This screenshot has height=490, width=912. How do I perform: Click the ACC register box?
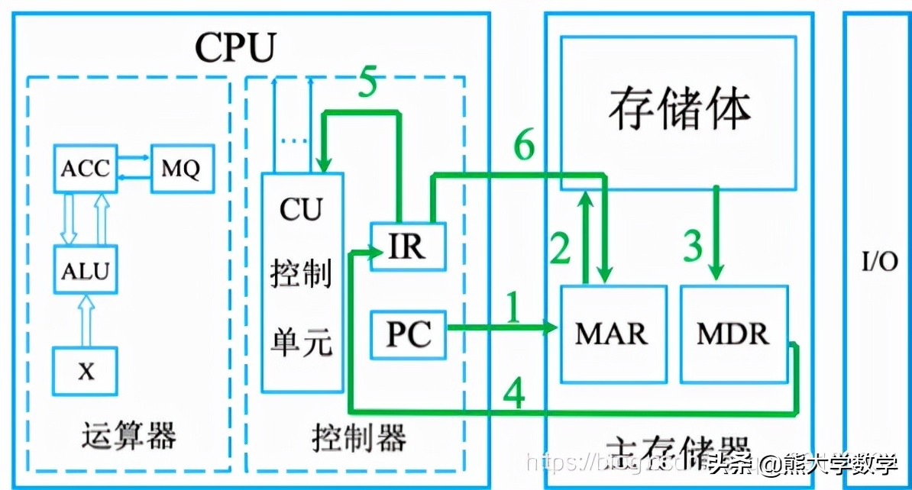85,168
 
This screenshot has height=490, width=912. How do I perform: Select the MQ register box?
181,168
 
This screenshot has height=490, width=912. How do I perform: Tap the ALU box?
85,269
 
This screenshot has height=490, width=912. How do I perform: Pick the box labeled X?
85,372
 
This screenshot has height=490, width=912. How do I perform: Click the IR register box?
408,247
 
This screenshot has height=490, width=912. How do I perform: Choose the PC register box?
408,334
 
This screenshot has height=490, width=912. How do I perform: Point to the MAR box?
613,334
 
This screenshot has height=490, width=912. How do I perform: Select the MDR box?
733,334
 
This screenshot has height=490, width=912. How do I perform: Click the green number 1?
513,310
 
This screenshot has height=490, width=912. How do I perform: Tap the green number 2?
561,248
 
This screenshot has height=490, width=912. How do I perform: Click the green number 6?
524,145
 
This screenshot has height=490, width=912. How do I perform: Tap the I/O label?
880,262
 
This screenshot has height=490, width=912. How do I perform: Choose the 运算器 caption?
129,437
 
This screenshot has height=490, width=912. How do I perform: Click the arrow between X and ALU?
86,321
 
